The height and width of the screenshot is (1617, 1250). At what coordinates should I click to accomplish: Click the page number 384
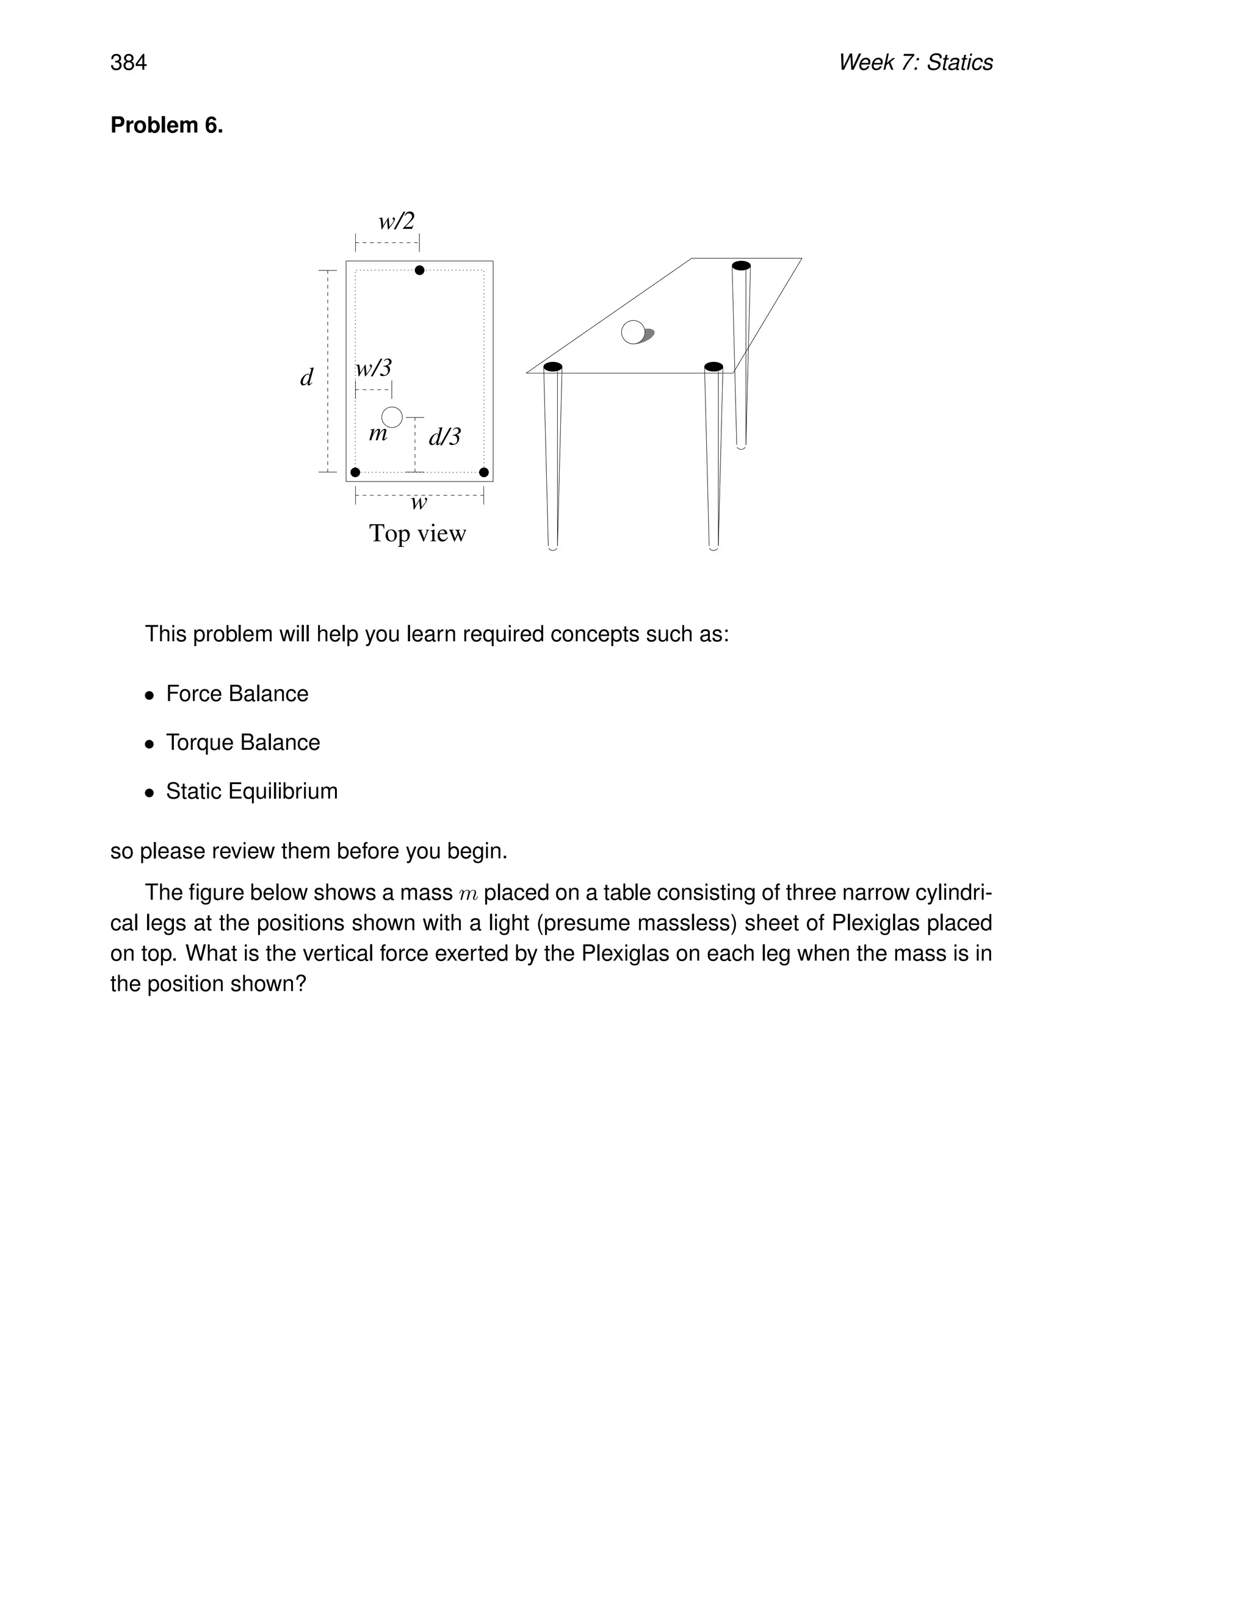(128, 62)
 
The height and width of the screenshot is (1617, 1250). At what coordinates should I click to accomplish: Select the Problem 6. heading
(167, 125)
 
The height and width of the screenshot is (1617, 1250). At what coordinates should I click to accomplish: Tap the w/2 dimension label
(396, 221)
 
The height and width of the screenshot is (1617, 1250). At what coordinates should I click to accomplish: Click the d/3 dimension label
(444, 437)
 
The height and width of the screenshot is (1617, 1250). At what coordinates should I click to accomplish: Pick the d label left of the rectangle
(306, 378)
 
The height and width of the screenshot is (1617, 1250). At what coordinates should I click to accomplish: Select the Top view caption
(417, 533)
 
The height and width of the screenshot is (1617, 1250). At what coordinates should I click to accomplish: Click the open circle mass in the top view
(392, 417)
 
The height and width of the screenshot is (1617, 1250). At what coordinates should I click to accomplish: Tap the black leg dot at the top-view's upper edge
(419, 270)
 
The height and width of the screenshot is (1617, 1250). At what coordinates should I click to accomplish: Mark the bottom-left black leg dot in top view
(355, 472)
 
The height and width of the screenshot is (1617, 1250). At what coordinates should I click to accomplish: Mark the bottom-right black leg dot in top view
(483, 472)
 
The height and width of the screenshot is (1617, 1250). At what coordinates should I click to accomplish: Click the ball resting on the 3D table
(633, 333)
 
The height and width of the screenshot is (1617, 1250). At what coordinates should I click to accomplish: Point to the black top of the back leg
(740, 266)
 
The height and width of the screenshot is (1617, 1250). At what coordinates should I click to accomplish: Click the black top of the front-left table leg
(552, 367)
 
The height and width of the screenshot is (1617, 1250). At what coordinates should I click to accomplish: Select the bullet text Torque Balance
(243, 743)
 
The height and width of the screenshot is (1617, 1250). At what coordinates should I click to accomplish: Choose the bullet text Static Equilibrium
(252, 791)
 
